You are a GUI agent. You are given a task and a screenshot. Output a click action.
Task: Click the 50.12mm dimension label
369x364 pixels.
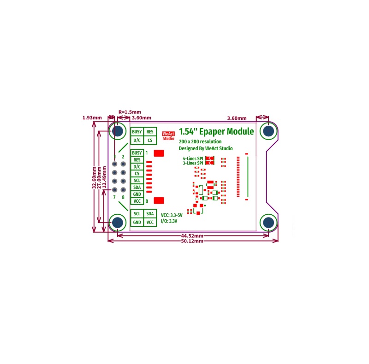click(192, 241)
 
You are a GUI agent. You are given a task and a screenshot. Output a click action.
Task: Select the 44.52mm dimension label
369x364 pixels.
click(192, 235)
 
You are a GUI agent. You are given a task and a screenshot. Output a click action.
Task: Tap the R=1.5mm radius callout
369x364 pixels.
click(130, 112)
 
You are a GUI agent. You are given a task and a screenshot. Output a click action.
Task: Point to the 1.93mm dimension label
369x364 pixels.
click(92, 117)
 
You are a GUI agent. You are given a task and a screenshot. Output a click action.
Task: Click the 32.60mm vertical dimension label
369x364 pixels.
click(94, 177)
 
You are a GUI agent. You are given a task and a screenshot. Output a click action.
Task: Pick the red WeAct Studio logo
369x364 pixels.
click(168, 136)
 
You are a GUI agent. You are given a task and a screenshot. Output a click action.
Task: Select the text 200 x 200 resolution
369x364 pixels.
click(200, 141)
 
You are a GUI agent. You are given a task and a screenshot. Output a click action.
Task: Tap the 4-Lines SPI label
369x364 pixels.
click(193, 159)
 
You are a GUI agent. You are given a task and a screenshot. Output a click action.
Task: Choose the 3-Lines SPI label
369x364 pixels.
click(193, 163)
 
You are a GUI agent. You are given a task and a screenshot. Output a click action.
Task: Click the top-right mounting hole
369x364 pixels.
click(268, 131)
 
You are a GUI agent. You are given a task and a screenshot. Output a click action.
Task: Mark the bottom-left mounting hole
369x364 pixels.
click(118, 223)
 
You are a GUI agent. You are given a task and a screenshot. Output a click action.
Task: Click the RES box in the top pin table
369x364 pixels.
click(150, 132)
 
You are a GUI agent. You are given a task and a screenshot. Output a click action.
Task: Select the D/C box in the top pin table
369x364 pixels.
click(137, 141)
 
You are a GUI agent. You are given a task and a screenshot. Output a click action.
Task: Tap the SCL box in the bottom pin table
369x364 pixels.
click(137, 214)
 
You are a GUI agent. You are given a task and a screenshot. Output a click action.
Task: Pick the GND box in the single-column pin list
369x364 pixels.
click(137, 194)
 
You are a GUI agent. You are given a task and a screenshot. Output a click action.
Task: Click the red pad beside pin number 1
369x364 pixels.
click(159, 153)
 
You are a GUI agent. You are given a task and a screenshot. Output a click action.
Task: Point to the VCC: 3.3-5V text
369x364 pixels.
click(172, 215)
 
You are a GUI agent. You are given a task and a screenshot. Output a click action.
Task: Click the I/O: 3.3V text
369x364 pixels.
click(169, 221)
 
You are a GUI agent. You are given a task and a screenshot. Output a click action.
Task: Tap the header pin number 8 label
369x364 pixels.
click(123, 197)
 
